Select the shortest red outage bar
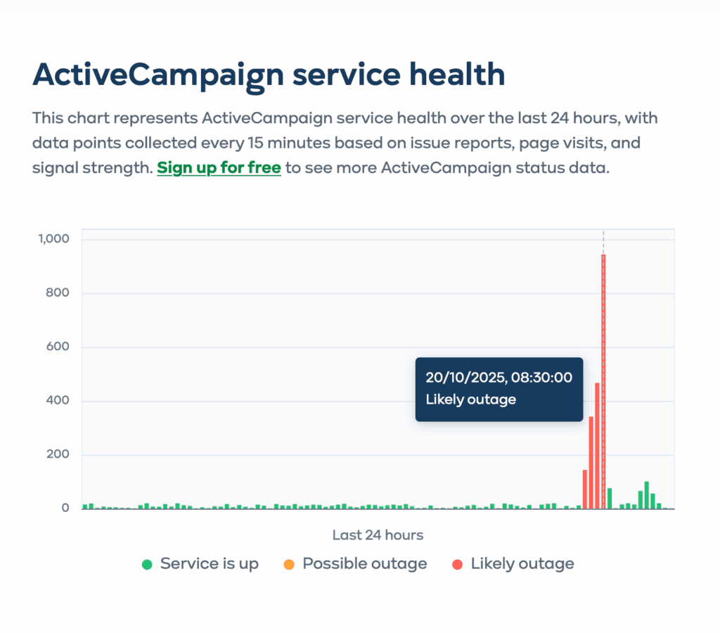tap(585, 490)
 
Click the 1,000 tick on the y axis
tap(53, 239)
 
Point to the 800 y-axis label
tap(58, 293)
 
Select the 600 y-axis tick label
tap(58, 347)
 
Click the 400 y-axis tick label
tap(58, 401)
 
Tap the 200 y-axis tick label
tap(58, 455)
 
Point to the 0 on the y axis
tap(65, 508)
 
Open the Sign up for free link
tap(219, 168)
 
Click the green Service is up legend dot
tap(147, 564)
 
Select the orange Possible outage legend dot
tap(288, 564)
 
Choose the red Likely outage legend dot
tap(458, 564)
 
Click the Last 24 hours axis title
tap(378, 535)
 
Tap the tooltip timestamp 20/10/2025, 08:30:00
tap(499, 378)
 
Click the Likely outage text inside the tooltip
tap(470, 399)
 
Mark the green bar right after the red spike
tap(610, 499)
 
